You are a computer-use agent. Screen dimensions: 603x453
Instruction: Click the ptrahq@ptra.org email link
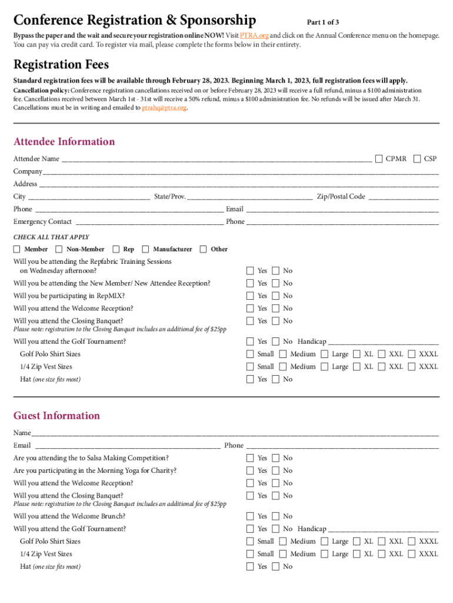click(165, 108)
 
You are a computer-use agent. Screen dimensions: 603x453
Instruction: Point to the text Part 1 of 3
click(323, 22)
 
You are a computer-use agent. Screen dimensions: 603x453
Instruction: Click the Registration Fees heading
click(61, 64)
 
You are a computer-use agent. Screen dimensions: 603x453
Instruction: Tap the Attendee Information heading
click(64, 141)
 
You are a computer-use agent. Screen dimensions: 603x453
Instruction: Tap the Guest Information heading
click(56, 416)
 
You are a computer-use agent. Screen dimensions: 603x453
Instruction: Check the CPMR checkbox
click(379, 158)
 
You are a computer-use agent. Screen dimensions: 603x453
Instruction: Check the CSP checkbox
click(417, 158)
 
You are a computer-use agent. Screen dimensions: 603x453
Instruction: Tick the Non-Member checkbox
click(59, 249)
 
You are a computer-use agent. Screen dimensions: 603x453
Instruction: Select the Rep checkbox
click(116, 249)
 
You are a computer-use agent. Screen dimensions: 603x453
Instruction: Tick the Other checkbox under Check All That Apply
click(204, 249)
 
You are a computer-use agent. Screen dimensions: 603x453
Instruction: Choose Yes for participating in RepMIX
click(250, 296)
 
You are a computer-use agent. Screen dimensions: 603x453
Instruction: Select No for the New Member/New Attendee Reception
click(275, 283)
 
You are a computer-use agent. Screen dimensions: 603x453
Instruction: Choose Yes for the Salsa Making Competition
click(250, 458)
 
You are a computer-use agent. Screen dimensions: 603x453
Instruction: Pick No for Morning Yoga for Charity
click(275, 471)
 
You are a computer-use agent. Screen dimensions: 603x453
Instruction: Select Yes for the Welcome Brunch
click(250, 516)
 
